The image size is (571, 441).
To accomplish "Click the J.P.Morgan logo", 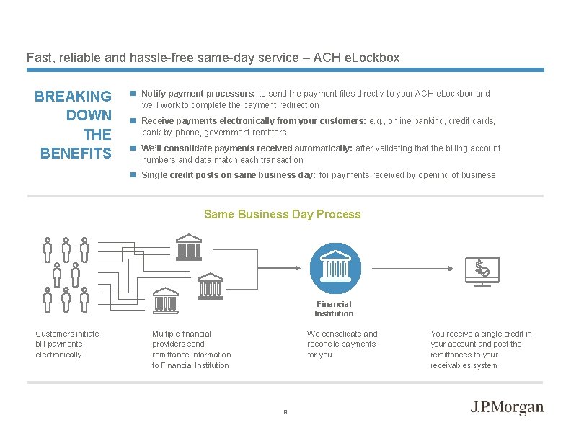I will pos(507,408).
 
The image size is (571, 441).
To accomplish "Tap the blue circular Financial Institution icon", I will pos(334,268).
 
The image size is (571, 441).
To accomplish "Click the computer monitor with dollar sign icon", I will pos(482,272).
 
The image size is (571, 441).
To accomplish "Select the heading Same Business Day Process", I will pos(282,214).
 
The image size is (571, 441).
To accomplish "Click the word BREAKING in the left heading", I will pos(73,96).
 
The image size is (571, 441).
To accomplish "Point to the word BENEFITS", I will pos(76,153).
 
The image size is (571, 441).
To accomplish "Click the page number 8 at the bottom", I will pos(285,412).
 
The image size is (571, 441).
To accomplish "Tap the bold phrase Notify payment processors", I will pos(198,94).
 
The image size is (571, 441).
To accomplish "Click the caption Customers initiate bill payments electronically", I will pos(67,344).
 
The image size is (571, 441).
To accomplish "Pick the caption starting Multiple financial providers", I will pos(191,349).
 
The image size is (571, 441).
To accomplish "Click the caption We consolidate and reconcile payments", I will pos(342,344).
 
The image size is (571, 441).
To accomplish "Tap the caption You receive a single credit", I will pos(481,349).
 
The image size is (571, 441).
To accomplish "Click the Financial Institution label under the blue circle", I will pos(334,308).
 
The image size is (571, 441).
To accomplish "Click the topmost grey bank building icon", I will pos(188,247).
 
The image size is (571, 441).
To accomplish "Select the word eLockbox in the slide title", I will pos(374,57).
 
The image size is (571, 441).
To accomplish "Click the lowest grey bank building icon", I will pos(166,300).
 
